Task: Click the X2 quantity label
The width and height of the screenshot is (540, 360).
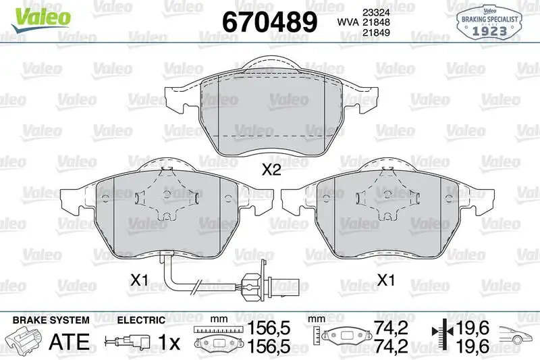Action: click(x=271, y=171)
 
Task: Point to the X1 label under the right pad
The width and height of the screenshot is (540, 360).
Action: click(x=385, y=278)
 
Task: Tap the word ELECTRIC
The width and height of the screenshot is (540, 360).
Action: click(x=141, y=319)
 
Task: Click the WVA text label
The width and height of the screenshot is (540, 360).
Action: click(x=348, y=23)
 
